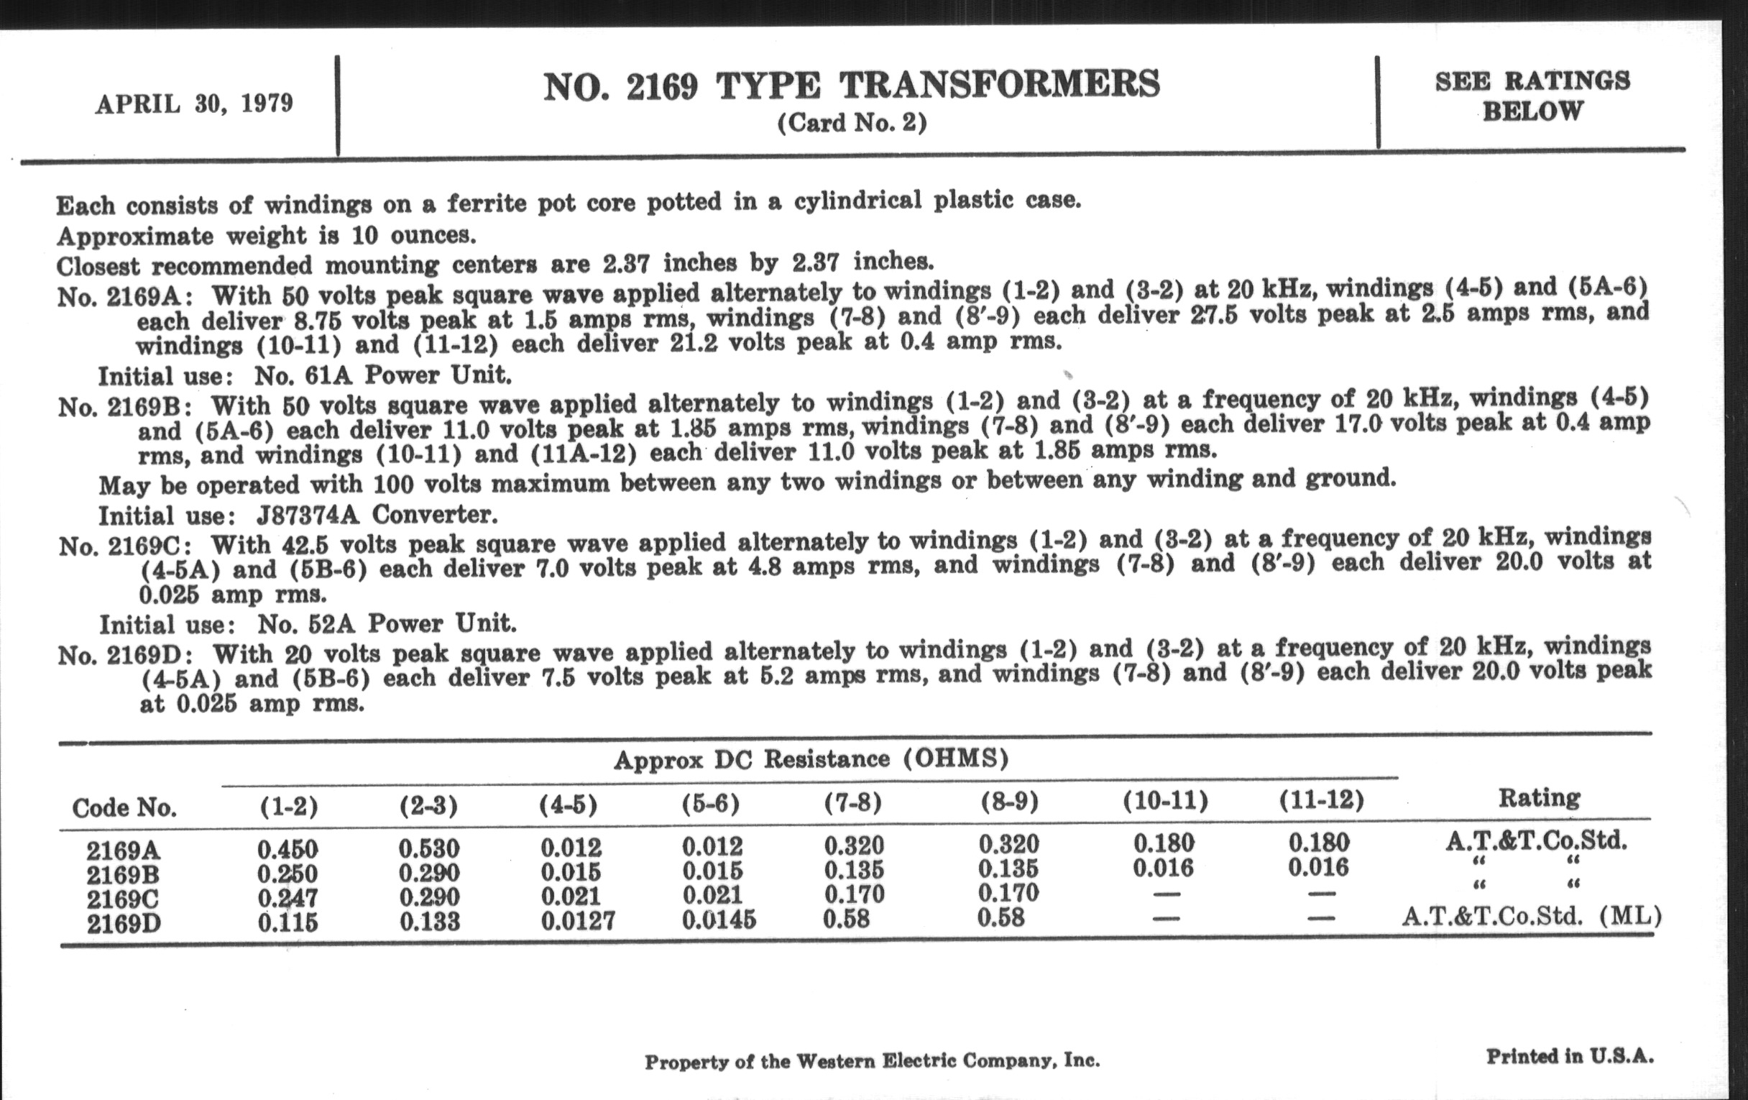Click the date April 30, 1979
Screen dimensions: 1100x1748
point(194,104)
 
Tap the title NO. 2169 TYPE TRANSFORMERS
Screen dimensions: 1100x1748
point(852,86)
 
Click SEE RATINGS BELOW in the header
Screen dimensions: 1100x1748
point(1532,96)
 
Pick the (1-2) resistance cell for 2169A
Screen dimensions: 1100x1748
point(287,849)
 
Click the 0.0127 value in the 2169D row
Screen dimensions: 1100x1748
point(578,922)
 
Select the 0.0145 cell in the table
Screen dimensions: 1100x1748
point(719,920)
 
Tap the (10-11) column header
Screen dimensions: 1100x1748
point(1165,801)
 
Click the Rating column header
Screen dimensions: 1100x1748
point(1539,798)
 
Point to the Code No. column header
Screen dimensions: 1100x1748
point(124,807)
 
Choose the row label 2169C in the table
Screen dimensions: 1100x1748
point(122,899)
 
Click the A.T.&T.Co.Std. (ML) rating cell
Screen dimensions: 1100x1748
point(1532,916)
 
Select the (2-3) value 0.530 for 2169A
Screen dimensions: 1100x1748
point(429,848)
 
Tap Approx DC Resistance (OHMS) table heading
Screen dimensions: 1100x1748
point(811,759)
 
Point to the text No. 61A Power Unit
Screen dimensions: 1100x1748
point(382,375)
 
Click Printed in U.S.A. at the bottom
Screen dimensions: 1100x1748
point(1570,1056)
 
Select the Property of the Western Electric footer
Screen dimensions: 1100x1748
point(872,1061)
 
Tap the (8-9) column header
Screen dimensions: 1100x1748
point(1009,802)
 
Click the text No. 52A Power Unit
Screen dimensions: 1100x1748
point(386,624)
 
